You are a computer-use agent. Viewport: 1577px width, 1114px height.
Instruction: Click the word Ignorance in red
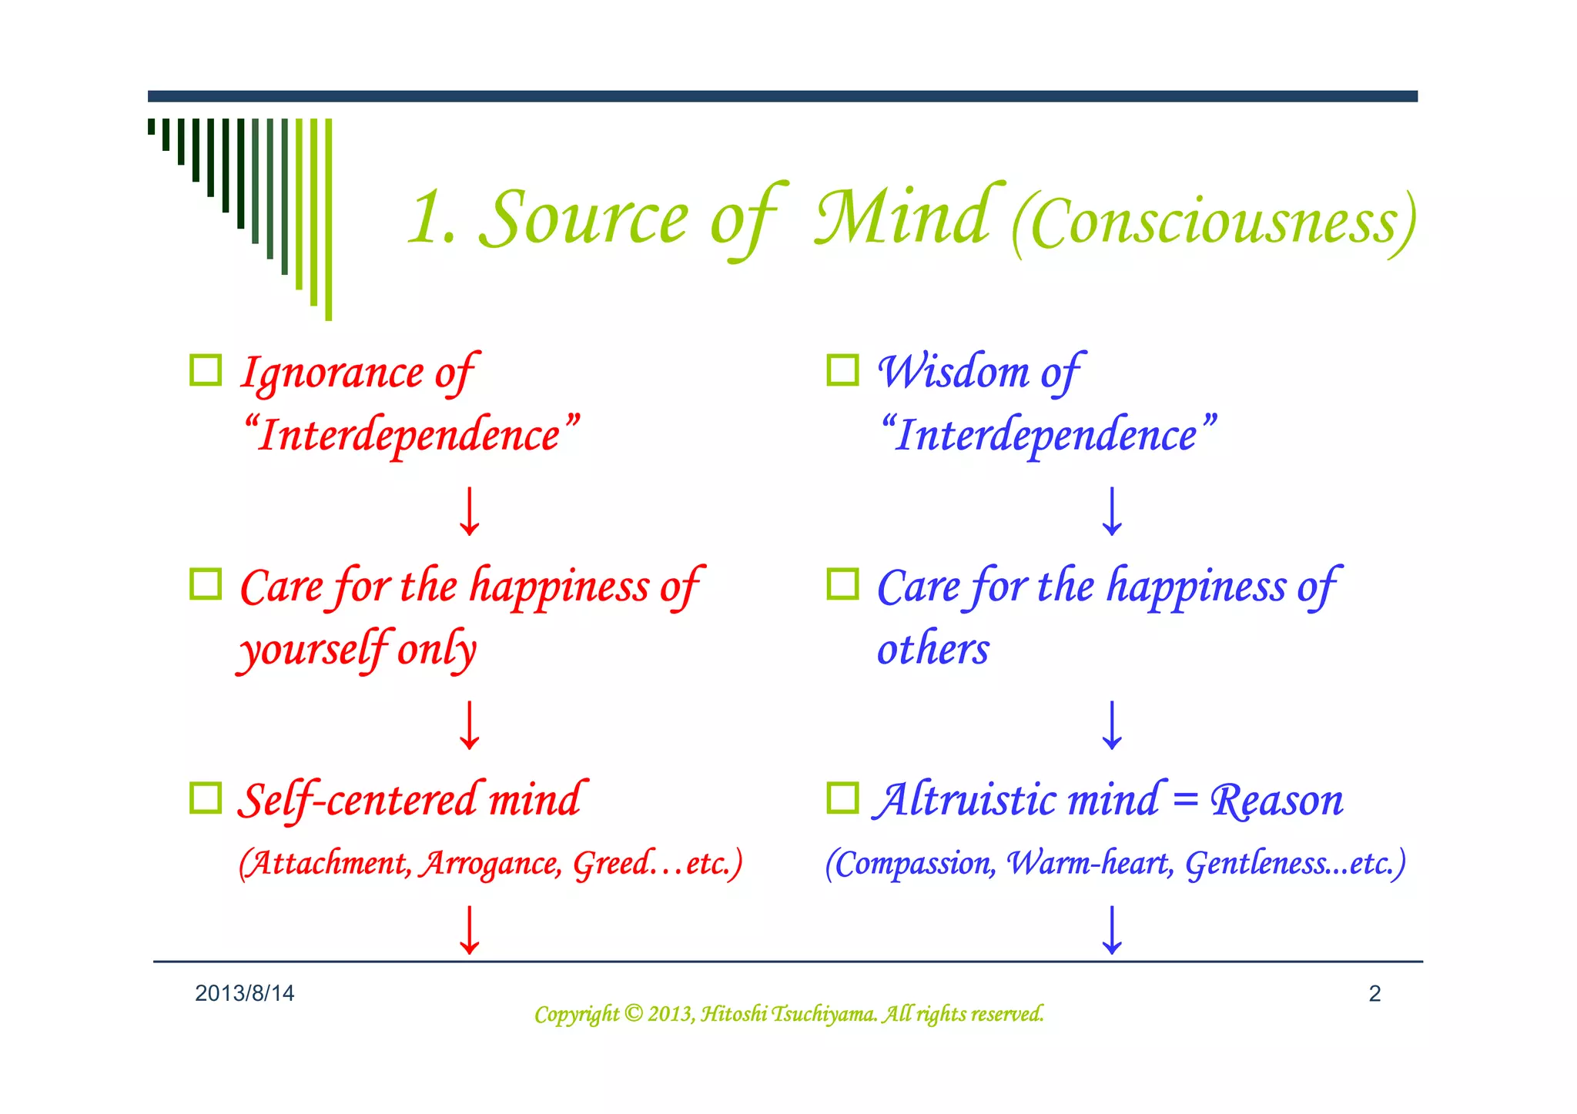(332, 374)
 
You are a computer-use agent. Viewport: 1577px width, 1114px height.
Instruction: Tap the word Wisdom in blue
(953, 373)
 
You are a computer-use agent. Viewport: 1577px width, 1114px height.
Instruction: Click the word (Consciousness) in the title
(1214, 223)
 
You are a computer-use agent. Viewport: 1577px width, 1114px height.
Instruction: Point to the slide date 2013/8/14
(245, 993)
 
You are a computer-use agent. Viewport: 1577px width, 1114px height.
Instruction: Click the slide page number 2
(1374, 993)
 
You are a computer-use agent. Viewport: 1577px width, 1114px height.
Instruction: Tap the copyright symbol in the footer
(633, 1013)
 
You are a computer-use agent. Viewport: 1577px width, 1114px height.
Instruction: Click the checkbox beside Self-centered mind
(206, 798)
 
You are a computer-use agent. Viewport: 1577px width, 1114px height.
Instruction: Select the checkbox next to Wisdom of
(842, 370)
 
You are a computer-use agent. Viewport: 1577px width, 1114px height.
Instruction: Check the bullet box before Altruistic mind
(842, 798)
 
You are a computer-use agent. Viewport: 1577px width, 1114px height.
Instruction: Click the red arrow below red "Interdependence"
(469, 511)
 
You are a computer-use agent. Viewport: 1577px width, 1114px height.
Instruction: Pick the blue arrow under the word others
(1112, 725)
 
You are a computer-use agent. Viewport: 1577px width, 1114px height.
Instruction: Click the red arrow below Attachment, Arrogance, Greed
(469, 930)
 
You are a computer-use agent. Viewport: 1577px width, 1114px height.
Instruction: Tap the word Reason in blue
(1277, 801)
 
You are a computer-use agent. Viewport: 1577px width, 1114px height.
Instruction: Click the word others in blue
(932, 650)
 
